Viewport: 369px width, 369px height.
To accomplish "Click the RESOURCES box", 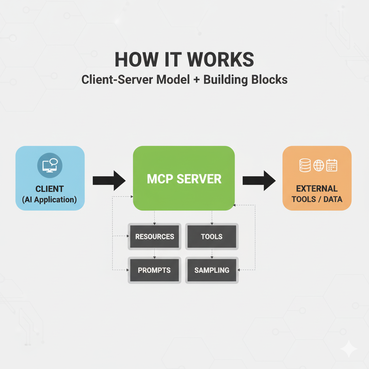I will (x=154, y=237).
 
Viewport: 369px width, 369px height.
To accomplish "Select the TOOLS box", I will (x=212, y=237).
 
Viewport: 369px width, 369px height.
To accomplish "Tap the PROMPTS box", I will (x=154, y=270).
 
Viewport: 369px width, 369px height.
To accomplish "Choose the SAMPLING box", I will (x=212, y=270).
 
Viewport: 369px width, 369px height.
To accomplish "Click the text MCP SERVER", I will (x=184, y=179).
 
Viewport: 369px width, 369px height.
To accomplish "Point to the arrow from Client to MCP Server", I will (x=109, y=180).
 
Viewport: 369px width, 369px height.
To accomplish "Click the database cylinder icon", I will (x=305, y=166).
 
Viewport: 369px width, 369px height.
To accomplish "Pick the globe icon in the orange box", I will (x=319, y=166).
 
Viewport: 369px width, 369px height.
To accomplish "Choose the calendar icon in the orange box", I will (x=332, y=166).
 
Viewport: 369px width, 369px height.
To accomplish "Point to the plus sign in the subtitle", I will (x=196, y=80).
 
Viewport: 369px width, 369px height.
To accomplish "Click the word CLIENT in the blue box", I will (x=50, y=188).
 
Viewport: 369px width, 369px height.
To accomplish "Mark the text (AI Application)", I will (x=50, y=199).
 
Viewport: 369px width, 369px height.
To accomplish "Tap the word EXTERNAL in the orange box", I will (x=317, y=188).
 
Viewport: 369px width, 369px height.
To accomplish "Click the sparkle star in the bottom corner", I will (x=349, y=349).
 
